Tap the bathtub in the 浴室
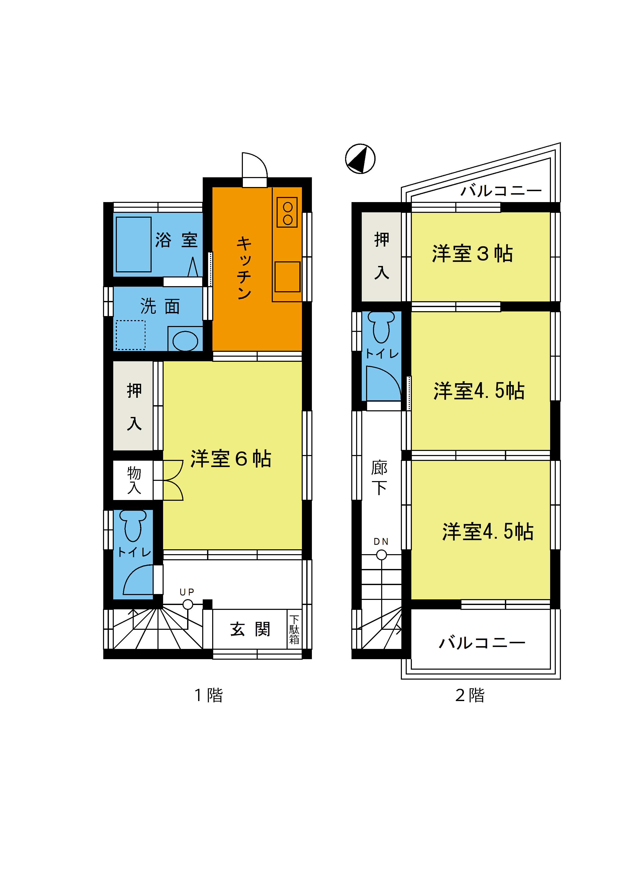[x=133, y=244]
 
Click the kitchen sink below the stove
[x=287, y=277]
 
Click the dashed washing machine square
[x=131, y=335]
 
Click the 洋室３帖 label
[x=472, y=254]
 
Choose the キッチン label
[x=244, y=268]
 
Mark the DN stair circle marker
[x=381, y=554]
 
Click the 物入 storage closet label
[x=134, y=480]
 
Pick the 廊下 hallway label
[x=379, y=477]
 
